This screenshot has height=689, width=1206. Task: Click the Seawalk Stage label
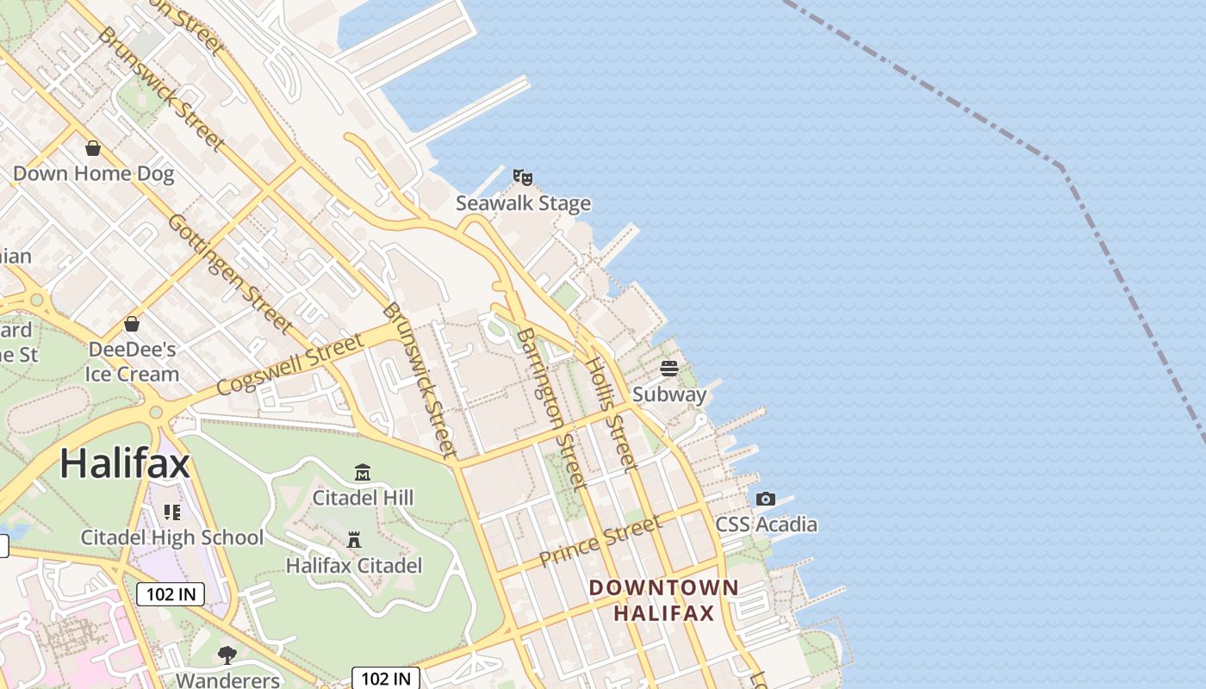pos(523,203)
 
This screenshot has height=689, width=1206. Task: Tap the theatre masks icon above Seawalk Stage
pos(522,177)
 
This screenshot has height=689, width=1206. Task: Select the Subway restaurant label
pos(669,394)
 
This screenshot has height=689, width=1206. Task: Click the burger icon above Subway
pos(669,369)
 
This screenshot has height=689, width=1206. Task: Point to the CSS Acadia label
pos(766,525)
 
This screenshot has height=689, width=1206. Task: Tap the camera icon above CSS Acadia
pos(765,500)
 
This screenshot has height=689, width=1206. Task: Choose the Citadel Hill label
pos(363,497)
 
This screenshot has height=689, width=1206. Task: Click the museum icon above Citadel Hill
pos(363,472)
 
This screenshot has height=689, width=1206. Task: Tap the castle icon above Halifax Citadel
pos(353,540)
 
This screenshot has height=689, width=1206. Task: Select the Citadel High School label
pos(171,537)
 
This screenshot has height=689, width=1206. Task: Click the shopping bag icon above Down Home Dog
pos(93,148)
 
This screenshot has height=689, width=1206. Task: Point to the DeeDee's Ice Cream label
pos(132,362)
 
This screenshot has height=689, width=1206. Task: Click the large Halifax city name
pos(125,464)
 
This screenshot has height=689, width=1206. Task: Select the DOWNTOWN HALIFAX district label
pos(663,600)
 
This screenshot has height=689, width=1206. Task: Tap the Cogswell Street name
pos(290,366)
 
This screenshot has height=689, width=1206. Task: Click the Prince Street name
pos(600,541)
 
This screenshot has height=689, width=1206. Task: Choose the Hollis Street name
pos(611,413)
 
